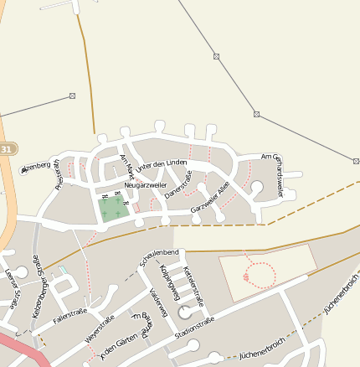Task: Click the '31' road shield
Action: [8, 148]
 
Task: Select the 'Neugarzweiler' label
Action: [145, 184]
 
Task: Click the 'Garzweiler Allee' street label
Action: [210, 197]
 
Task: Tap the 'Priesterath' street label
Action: [58, 177]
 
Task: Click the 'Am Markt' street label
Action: [126, 163]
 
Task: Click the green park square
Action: [114, 209]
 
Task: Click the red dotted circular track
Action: [261, 275]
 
